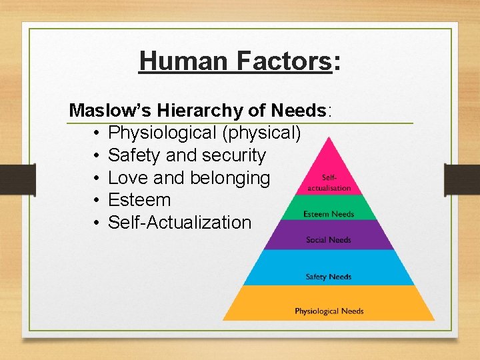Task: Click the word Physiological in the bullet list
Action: click(x=163, y=133)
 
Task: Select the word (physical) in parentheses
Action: click(x=263, y=133)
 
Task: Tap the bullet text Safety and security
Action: click(x=186, y=155)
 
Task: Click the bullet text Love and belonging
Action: click(x=189, y=178)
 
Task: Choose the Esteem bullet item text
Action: click(x=139, y=200)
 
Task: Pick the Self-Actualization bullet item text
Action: click(x=179, y=223)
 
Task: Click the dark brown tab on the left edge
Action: click(x=11, y=179)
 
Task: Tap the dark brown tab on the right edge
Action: click(x=467, y=179)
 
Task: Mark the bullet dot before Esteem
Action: click(x=97, y=201)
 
